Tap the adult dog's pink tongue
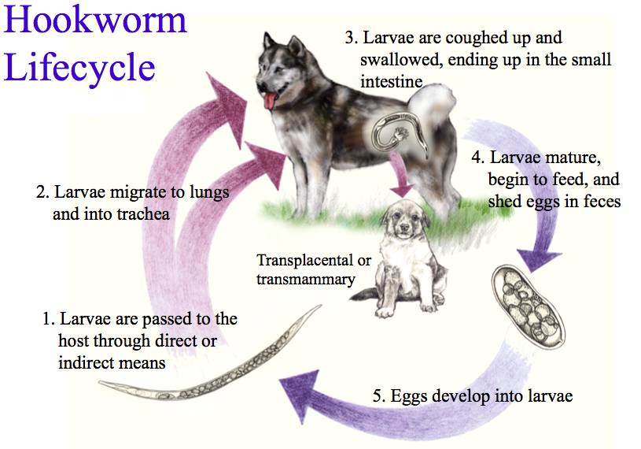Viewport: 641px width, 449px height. click(x=270, y=100)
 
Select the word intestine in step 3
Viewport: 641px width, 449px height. click(x=392, y=81)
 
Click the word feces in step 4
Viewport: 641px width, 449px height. click(x=601, y=202)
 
